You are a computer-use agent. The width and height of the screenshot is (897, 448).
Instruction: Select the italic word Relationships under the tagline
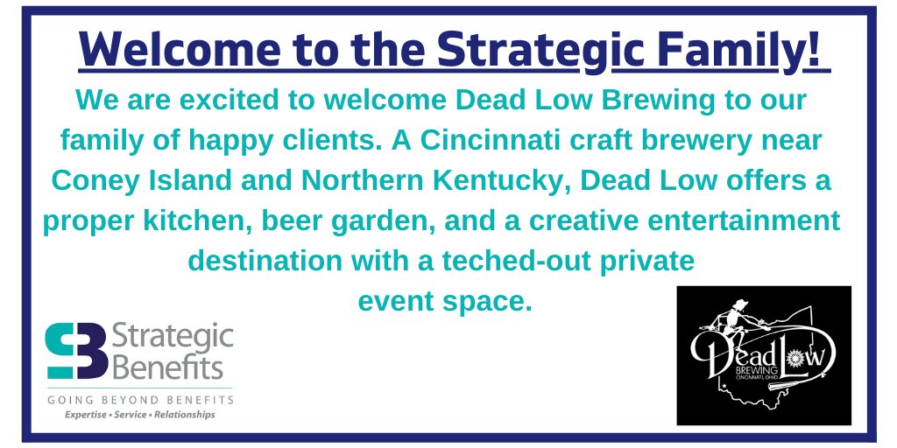pos(184,415)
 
